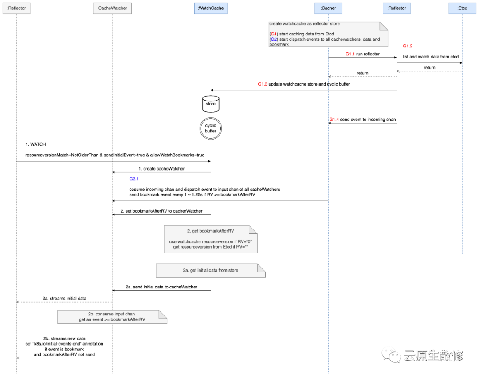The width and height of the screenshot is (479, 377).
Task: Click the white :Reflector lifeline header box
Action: [16, 8]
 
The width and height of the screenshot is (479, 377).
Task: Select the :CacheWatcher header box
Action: [112, 8]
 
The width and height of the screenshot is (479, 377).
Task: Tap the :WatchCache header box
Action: [211, 8]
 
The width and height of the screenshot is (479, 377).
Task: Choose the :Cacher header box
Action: [328, 8]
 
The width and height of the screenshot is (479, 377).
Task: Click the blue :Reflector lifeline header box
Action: [397, 8]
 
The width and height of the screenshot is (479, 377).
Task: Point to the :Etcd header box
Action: [462, 8]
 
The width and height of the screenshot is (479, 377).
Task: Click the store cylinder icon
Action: [211, 104]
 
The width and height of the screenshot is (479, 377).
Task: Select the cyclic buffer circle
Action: [211, 128]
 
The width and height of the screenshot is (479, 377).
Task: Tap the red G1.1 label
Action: [350, 54]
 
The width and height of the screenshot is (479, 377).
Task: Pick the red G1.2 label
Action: [407, 46]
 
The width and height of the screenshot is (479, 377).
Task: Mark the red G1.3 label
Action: [263, 84]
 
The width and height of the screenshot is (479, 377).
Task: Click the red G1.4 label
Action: [334, 120]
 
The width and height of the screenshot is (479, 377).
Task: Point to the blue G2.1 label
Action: [134, 179]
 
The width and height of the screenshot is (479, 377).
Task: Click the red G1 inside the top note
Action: [273, 34]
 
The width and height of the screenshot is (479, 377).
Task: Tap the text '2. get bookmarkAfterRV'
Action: [210, 231]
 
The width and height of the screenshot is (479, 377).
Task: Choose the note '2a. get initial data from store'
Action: [210, 270]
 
